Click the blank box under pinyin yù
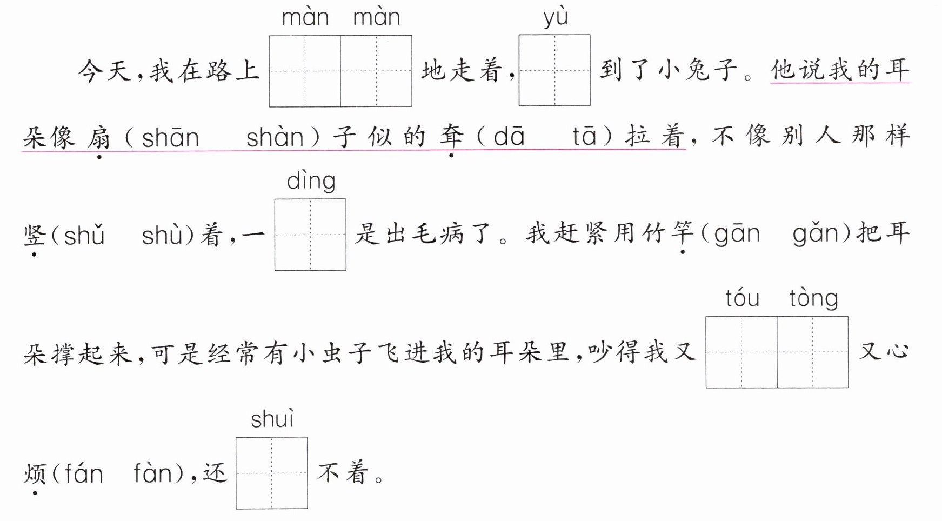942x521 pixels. (x=554, y=70)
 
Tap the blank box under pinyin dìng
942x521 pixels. (x=310, y=235)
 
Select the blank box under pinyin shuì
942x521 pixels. (x=271, y=473)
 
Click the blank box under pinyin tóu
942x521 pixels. (x=741, y=352)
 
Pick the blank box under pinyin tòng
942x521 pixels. (x=812, y=352)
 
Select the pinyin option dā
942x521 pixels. (x=509, y=137)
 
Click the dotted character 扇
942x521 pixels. (x=99, y=137)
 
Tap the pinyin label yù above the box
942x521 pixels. (x=556, y=17)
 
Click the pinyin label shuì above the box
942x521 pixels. (x=272, y=419)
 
